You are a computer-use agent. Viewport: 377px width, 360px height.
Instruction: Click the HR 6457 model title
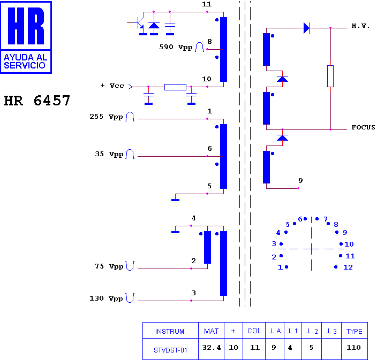pos(37,101)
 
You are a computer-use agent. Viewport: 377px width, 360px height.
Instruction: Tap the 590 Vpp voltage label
pos(176,47)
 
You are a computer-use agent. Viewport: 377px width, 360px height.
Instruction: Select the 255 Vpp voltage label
pos(106,117)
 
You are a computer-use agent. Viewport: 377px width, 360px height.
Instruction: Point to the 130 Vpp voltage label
pos(106,298)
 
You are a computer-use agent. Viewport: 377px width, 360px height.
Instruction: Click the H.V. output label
pos(360,26)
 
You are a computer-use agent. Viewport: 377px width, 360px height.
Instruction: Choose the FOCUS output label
pos(363,127)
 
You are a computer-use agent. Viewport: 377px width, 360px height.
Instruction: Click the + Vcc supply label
pos(112,86)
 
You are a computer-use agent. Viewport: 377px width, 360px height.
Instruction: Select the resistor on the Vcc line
pos(175,87)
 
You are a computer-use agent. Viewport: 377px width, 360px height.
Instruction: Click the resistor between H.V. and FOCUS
pos(330,76)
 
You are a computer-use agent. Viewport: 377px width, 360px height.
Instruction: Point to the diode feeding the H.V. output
pos(306,28)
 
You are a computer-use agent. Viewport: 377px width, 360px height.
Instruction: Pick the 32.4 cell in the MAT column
pos(212,348)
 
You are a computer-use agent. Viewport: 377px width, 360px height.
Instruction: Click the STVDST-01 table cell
pos(170,350)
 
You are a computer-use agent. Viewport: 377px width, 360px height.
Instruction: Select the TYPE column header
pos(354,332)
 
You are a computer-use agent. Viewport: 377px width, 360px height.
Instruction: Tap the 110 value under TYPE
pos(353,348)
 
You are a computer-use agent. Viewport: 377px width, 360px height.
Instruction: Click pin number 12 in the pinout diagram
pos(348,267)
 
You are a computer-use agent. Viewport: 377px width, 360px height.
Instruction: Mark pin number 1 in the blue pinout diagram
pos(281,267)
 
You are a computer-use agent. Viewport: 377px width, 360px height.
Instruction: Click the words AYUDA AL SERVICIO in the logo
pos(26,61)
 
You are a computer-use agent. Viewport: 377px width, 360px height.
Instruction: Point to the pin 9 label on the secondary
pos(300,180)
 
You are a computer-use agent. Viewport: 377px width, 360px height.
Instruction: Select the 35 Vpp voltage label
pos(109,154)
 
